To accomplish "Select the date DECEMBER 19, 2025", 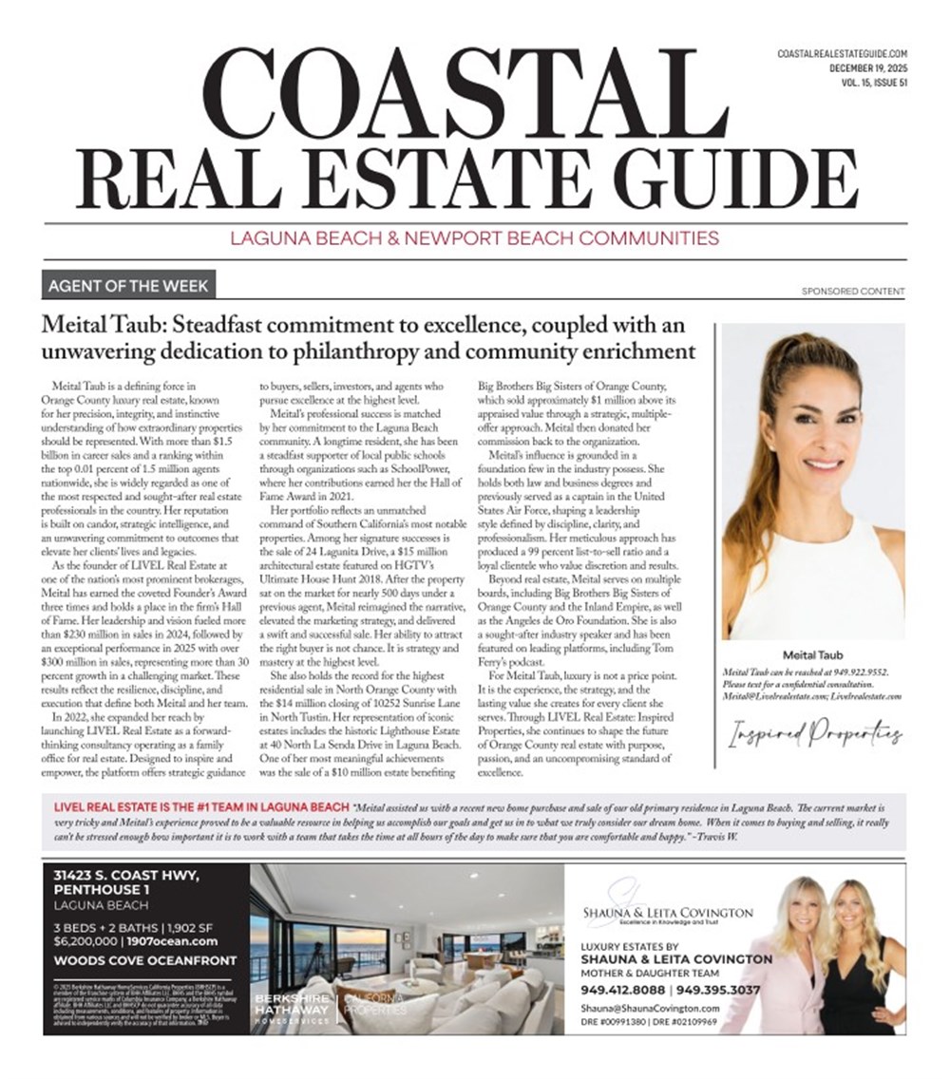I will (x=867, y=68).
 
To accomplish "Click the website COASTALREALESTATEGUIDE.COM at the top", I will (x=843, y=54).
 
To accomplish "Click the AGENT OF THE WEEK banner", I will (x=129, y=285).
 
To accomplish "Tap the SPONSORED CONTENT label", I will (x=853, y=292).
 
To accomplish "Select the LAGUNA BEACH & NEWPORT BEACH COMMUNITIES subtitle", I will (x=474, y=237).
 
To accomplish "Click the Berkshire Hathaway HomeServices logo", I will (x=291, y=1009).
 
